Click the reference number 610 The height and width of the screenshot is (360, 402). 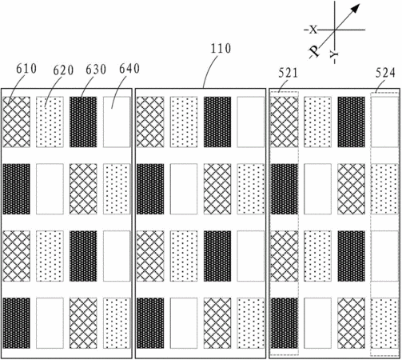[26, 69]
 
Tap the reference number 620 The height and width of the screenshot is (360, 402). [63, 70]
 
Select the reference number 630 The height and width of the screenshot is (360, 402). [96, 70]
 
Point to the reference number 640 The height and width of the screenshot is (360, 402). [129, 69]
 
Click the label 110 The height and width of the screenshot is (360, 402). [221, 49]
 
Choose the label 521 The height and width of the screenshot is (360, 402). [288, 73]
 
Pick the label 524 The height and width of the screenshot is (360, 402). [385, 73]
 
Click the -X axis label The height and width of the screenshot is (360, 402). [311, 30]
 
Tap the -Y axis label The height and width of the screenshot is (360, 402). [334, 57]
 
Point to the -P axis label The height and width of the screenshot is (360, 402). [314, 52]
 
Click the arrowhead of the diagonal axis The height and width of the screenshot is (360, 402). [355, 9]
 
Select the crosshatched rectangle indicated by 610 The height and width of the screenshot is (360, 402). [17, 122]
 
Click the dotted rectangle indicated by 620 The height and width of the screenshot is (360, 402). [50, 122]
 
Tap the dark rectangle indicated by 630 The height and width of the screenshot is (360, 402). [83, 122]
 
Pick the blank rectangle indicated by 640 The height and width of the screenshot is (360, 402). [117, 122]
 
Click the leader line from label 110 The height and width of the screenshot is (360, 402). [209, 69]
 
